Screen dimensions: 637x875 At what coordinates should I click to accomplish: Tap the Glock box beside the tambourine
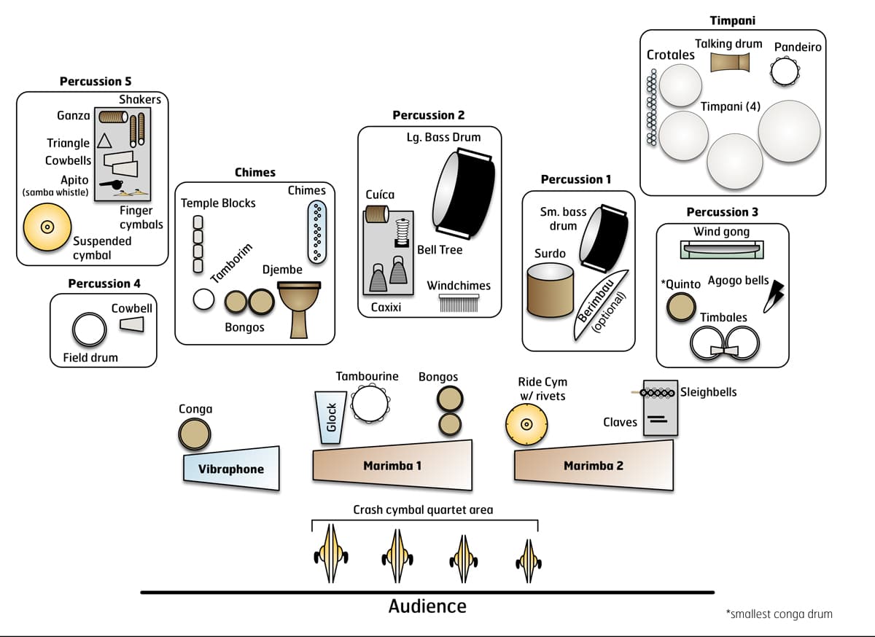click(x=330, y=417)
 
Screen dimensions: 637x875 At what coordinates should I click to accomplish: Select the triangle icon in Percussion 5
click(x=104, y=141)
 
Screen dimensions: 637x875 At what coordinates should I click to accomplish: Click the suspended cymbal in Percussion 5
click(x=47, y=226)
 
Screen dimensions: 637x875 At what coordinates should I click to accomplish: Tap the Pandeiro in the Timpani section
click(x=785, y=71)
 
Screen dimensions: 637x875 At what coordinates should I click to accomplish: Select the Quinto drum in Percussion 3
click(x=681, y=307)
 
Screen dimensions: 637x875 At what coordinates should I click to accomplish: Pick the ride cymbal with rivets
click(x=526, y=423)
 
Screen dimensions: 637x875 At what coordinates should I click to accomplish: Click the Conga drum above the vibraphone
click(x=195, y=435)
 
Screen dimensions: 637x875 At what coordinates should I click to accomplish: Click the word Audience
click(x=427, y=606)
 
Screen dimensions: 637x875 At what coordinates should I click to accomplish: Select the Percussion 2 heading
click(x=428, y=115)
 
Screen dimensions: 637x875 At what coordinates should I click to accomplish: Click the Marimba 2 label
click(x=593, y=466)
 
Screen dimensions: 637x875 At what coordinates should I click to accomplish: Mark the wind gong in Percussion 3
click(x=722, y=249)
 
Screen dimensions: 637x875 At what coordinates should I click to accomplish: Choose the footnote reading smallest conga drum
click(x=779, y=614)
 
